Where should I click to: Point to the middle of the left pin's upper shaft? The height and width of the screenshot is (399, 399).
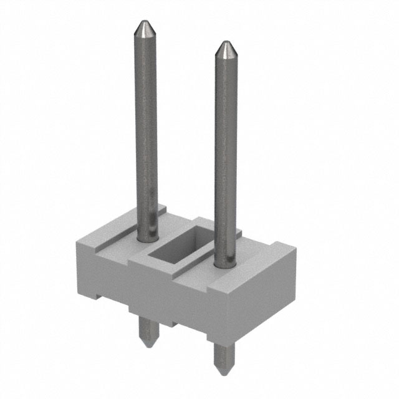point(147,125)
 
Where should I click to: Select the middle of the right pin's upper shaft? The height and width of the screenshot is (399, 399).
point(226,150)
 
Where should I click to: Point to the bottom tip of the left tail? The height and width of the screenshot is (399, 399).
point(145,346)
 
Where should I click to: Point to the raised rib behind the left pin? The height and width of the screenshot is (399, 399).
point(159,212)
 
